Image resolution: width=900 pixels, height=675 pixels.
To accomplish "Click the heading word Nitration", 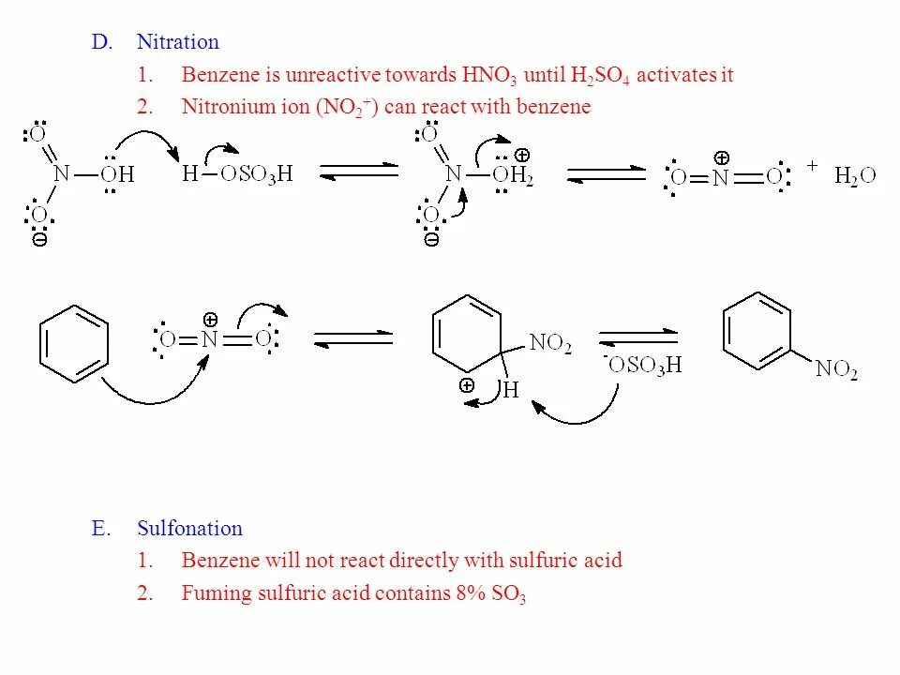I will click(x=177, y=42).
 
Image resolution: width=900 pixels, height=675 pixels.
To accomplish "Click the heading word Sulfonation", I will click(x=189, y=529).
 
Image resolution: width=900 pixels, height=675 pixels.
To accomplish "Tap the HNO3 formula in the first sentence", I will click(x=488, y=76).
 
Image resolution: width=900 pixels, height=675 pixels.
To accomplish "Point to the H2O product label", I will click(x=855, y=177).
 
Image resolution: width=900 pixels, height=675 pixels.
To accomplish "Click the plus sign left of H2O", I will click(x=812, y=165).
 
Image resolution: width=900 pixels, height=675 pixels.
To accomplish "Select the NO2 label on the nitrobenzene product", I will click(x=836, y=369).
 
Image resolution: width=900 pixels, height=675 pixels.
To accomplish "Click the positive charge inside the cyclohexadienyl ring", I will click(x=467, y=384).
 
